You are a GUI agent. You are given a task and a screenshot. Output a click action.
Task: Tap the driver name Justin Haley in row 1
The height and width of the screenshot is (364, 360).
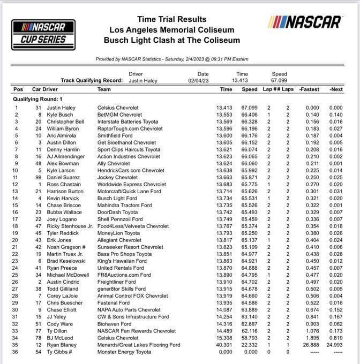point(62,108)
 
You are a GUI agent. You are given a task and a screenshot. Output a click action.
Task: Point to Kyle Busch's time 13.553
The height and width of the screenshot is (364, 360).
point(224,115)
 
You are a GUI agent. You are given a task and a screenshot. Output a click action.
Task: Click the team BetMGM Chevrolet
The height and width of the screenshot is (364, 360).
point(120,115)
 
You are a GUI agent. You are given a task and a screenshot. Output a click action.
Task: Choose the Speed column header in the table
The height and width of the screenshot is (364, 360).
point(249,89)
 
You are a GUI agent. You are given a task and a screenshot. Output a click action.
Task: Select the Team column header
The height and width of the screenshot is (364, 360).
point(104,89)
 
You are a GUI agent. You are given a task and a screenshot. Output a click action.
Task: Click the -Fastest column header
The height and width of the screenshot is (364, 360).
point(309,89)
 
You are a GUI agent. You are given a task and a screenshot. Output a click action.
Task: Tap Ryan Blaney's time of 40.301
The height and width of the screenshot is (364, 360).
point(224,345)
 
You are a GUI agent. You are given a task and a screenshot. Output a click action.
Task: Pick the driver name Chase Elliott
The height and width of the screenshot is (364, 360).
point(62,309)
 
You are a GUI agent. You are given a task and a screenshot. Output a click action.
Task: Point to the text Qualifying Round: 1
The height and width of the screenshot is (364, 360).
point(38,99)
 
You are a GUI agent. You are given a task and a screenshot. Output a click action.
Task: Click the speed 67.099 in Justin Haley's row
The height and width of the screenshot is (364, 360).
point(249,108)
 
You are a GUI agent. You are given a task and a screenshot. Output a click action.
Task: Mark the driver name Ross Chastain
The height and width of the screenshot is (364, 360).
point(64,185)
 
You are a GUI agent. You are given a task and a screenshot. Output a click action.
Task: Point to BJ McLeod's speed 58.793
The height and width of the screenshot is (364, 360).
point(249,338)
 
